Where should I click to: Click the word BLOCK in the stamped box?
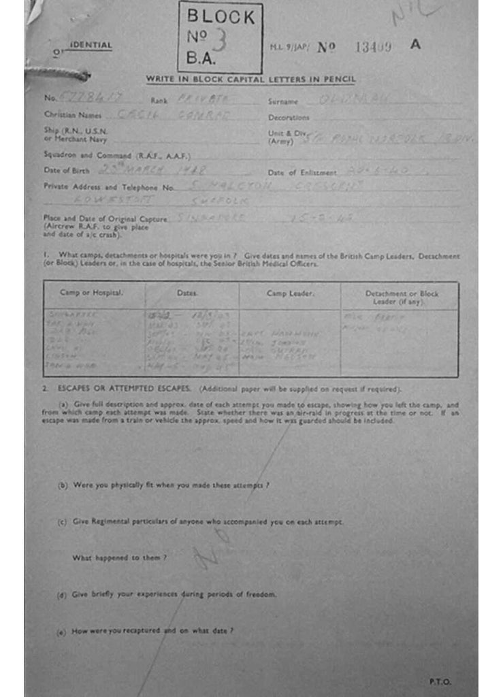click(220, 16)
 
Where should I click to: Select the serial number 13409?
click(374, 46)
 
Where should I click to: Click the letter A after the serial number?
click(415, 45)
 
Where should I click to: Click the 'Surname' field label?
click(283, 101)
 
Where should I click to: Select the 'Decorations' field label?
click(289, 117)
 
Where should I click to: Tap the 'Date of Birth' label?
click(67, 170)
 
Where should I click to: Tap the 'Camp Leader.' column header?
click(289, 293)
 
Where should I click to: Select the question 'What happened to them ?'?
click(120, 558)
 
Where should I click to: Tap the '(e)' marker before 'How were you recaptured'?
click(61, 632)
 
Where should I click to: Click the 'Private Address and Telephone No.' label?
click(110, 187)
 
